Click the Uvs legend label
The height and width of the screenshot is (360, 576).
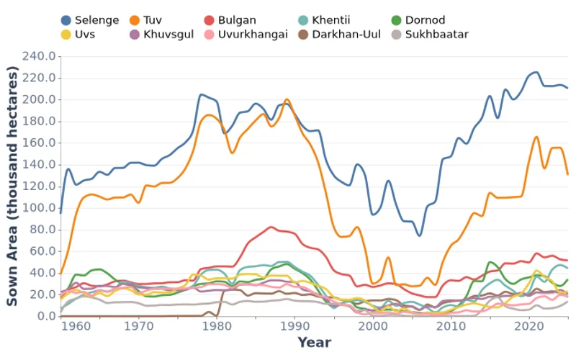tap(86, 34)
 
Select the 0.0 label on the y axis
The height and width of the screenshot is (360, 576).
tap(47, 316)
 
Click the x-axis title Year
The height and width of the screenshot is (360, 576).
tap(315, 342)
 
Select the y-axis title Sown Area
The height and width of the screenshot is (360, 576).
tap(13, 186)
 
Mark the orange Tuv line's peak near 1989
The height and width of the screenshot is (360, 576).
tap(287, 99)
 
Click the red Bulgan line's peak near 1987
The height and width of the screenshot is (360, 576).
tap(271, 227)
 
